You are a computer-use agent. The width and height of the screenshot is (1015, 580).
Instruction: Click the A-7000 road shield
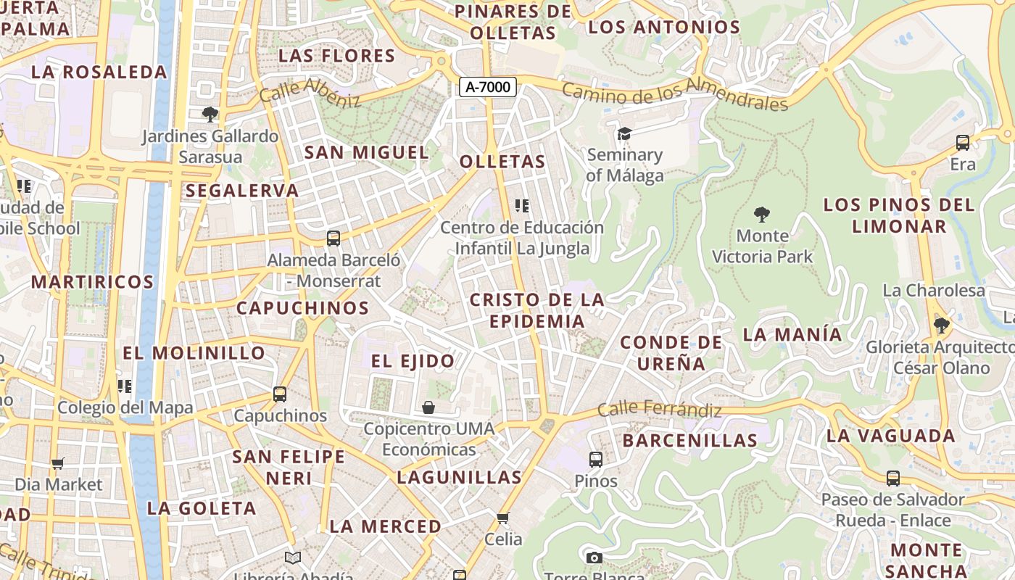488,87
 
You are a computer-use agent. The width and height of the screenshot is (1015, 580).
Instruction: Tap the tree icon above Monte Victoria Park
761,214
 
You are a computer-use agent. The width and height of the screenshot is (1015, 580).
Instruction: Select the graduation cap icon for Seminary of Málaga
624,133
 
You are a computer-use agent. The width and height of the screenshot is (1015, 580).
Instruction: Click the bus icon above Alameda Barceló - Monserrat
333,238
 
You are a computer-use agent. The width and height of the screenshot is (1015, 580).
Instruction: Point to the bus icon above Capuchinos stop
280,394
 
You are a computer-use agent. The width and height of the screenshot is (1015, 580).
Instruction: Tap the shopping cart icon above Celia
503,518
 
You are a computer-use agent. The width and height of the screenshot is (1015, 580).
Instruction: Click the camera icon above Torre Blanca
594,558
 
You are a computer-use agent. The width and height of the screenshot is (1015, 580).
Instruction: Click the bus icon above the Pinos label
595,459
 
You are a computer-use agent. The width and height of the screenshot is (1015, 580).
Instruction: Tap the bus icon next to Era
963,143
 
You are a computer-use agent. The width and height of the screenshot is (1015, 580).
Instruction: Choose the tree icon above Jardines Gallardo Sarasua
210,114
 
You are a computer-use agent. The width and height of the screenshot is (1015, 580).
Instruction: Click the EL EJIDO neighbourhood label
413,360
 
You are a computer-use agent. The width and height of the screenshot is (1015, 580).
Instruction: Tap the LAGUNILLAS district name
459,477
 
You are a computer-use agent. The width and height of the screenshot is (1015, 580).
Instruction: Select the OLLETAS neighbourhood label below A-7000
502,161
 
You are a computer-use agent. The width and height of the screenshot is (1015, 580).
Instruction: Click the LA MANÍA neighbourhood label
792,334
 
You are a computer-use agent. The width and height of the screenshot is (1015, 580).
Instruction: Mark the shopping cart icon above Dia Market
58,463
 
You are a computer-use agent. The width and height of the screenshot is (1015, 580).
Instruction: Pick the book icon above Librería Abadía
292,558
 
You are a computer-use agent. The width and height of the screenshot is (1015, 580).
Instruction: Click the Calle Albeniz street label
310,92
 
